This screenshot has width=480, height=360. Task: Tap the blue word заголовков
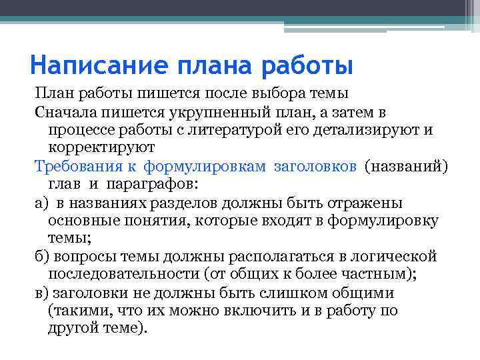[315, 166]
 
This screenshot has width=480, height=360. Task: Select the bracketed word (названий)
[406, 166]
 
